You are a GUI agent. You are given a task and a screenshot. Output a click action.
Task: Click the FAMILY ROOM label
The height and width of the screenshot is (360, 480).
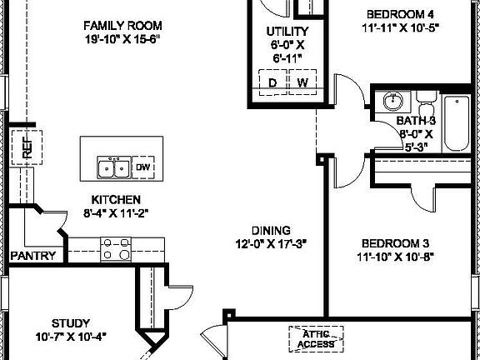pyautogui.click(x=122, y=25)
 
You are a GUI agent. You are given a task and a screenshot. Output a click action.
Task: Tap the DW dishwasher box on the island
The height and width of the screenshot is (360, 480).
pyautogui.click(x=144, y=167)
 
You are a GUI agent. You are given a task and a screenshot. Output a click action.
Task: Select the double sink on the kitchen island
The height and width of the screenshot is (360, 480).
pyautogui.click(x=114, y=168)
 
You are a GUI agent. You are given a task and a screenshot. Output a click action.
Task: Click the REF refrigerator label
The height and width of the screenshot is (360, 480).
pyautogui.click(x=27, y=147)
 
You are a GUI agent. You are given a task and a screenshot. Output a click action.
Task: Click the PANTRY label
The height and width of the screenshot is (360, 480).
pyautogui.click(x=32, y=256)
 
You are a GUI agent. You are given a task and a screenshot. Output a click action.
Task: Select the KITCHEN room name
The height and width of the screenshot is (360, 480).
pyautogui.click(x=116, y=200)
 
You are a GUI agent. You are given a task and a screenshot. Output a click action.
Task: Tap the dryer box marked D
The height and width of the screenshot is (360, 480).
pyautogui.click(x=272, y=82)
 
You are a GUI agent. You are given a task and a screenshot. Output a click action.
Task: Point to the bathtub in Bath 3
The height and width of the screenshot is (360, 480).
pyautogui.click(x=456, y=124)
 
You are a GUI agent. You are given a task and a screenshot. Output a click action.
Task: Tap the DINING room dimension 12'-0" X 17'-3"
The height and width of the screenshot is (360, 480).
pyautogui.click(x=272, y=244)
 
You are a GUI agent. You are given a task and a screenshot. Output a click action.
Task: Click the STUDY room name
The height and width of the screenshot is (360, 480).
pyautogui.click(x=71, y=322)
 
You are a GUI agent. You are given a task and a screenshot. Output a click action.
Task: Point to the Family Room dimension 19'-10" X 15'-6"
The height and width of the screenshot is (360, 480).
pyautogui.click(x=122, y=39)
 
